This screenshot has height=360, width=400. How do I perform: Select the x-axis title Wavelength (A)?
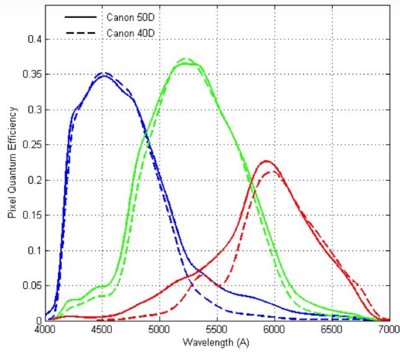[216, 342]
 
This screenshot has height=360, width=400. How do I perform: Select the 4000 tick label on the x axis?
[45, 328]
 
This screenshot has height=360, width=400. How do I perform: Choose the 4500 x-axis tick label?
[102, 328]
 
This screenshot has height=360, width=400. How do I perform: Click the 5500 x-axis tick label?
[216, 328]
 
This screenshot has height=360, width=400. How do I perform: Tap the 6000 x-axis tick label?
[273, 328]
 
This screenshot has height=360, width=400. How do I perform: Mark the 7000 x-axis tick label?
[388, 328]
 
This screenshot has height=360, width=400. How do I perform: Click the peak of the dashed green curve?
[185, 58]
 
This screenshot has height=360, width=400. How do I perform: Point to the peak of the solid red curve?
[267, 161]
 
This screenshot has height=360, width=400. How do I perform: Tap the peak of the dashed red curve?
[273, 171]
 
